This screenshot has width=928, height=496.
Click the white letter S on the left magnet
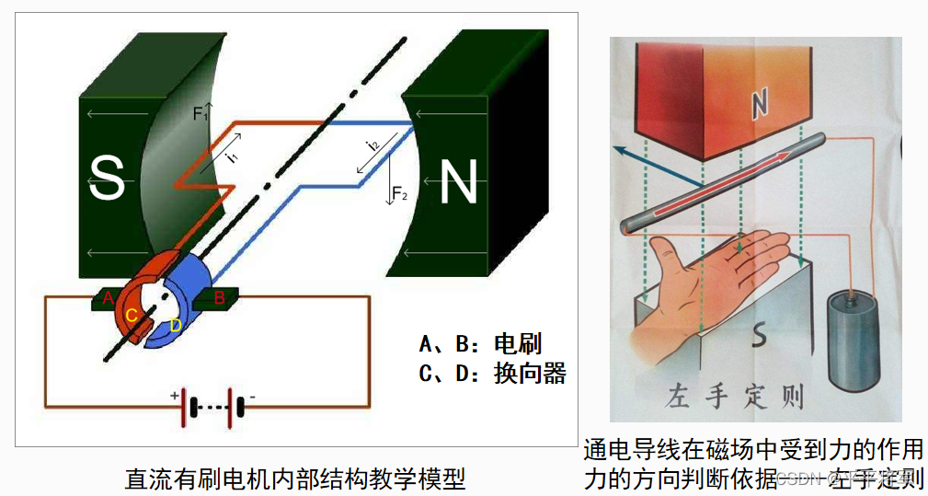tap(108, 179)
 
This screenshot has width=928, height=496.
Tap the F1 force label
tap(200, 114)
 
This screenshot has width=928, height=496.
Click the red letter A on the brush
tap(109, 297)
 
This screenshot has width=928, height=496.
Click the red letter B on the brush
tap(220, 297)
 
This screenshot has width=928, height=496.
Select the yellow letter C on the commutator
tap(132, 316)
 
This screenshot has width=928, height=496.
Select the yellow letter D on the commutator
tap(176, 325)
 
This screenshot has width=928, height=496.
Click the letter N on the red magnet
tap(759, 106)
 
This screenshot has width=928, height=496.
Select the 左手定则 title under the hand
tap(735, 398)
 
